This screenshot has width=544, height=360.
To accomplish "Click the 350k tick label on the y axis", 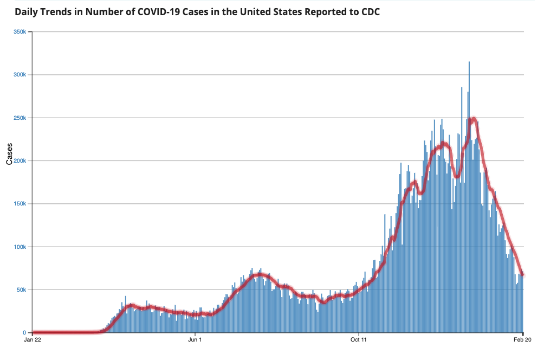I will click(20, 32).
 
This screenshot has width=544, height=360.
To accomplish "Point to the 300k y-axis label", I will click(20, 75).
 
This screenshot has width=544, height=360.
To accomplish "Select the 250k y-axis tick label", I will click(20, 118).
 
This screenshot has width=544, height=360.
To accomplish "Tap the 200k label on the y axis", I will click(20, 161).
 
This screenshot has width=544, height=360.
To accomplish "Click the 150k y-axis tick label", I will click(20, 204).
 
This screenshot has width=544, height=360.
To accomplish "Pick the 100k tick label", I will click(20, 247).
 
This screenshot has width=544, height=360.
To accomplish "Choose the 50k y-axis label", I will click(21, 290).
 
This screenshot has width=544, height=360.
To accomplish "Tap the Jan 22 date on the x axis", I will click(33, 340).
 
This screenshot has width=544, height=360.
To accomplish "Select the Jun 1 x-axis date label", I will click(195, 340).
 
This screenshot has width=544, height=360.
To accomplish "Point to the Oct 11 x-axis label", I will click(359, 340).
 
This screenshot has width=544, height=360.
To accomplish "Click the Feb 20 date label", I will click(522, 340).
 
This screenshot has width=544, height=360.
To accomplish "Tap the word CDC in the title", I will click(370, 12).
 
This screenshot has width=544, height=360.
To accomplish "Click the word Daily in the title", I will click(27, 12).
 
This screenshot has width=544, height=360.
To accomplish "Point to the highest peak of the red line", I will click(474, 119).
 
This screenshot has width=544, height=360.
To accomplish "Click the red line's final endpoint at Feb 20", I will click(523, 274).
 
